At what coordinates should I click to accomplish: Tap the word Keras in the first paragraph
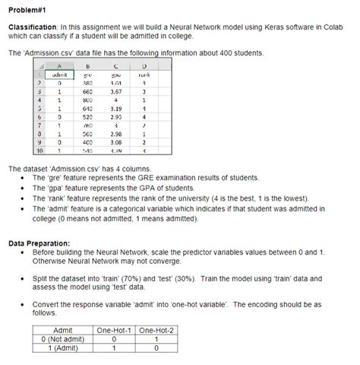click(x=257, y=27)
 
